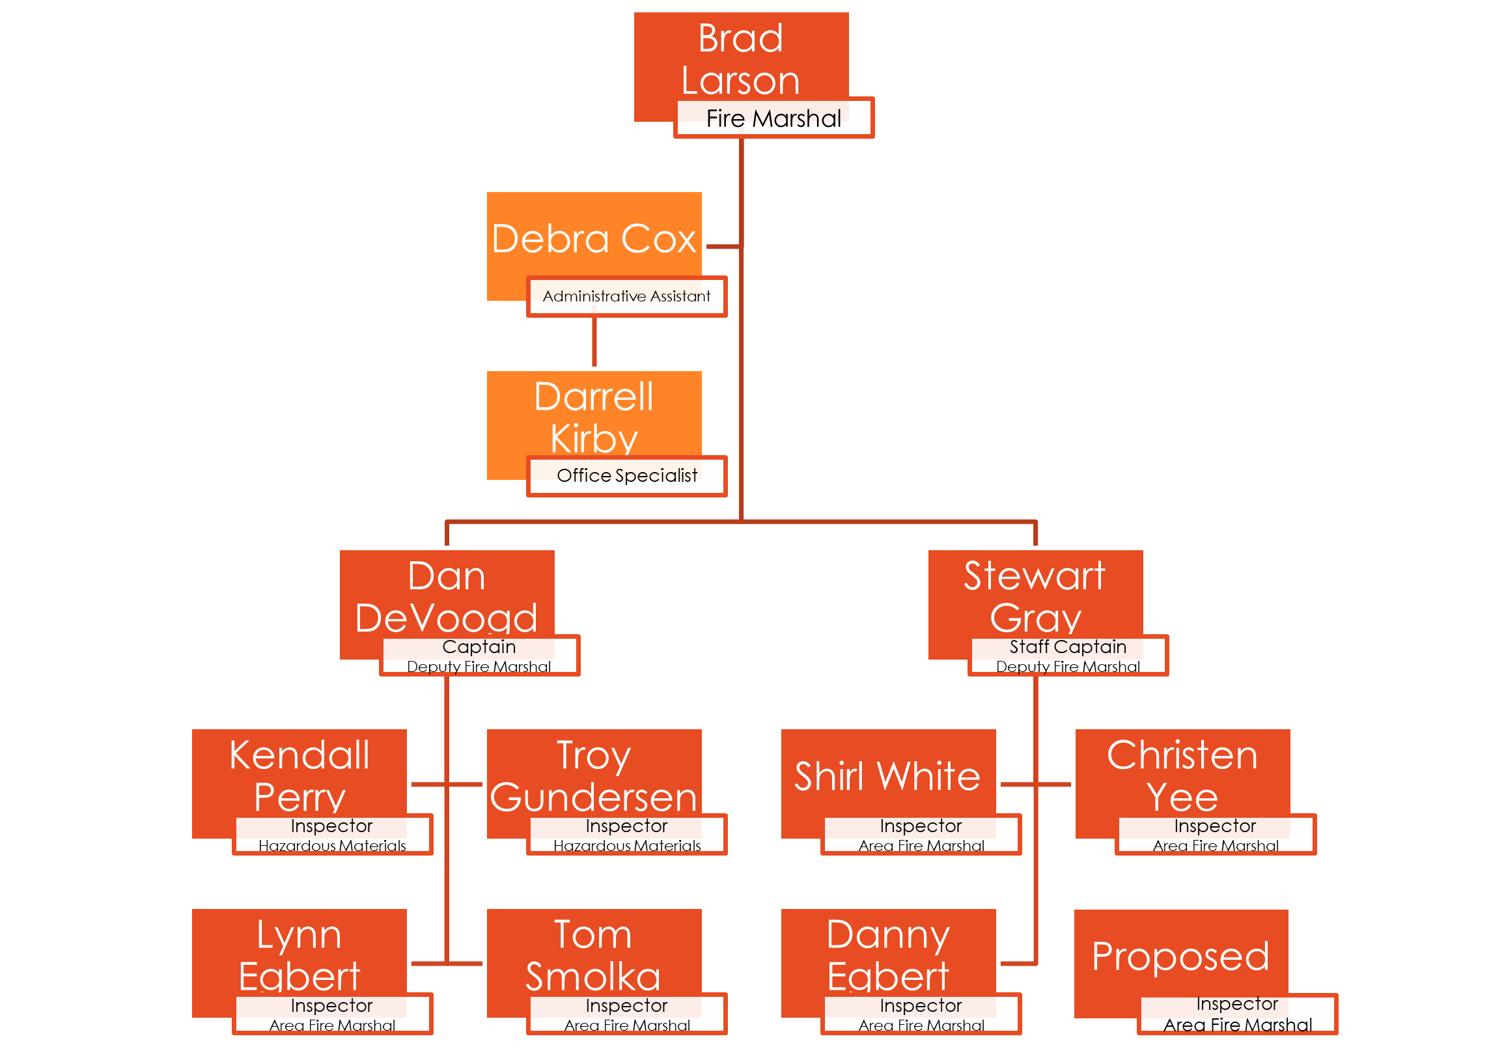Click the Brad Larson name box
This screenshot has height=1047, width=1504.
pyautogui.click(x=740, y=59)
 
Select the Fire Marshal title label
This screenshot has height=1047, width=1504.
pyautogui.click(x=773, y=119)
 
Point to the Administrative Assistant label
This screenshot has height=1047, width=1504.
pyautogui.click(x=626, y=297)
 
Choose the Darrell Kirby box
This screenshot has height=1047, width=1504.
pyautogui.click(x=594, y=417)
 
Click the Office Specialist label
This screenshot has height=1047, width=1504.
pyautogui.click(x=627, y=476)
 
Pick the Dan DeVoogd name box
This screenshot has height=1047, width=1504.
pyautogui.click(x=446, y=596)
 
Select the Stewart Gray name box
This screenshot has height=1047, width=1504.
pyautogui.click(x=1035, y=596)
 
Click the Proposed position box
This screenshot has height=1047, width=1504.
pyautogui.click(x=1180, y=956)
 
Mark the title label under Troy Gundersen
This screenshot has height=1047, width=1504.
pyautogui.click(x=627, y=835)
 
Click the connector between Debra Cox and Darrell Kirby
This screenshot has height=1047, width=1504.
pyautogui.click(x=594, y=342)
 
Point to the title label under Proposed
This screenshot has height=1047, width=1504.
pyautogui.click(x=1238, y=1014)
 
